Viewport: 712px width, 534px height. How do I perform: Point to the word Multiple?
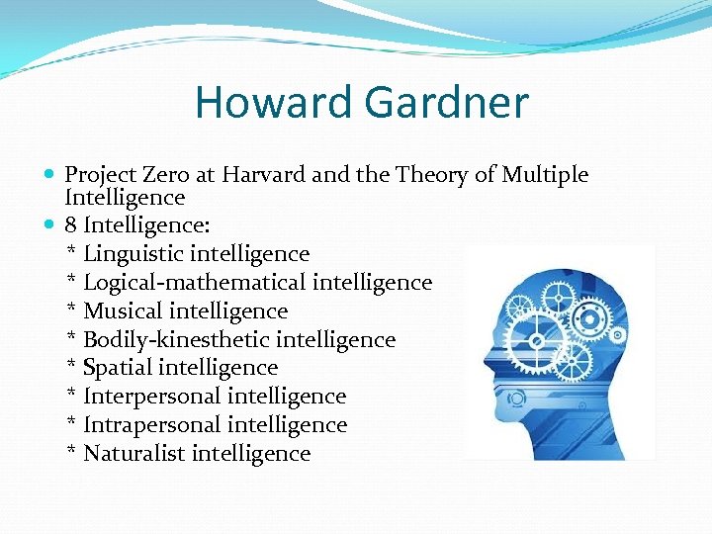[x=545, y=175]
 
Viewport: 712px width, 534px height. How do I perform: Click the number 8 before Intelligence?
[x=71, y=225]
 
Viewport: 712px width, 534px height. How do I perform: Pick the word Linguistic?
[x=133, y=254]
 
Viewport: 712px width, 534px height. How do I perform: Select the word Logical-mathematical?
[x=194, y=283]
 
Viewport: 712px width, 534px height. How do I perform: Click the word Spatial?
[x=119, y=368]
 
